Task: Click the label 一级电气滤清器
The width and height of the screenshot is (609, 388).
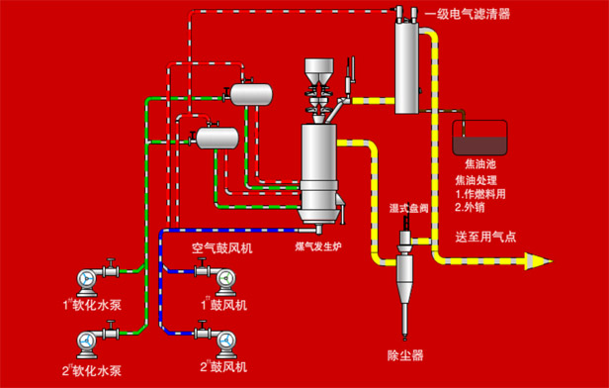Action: (467, 15)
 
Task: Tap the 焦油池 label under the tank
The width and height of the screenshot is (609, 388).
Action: (480, 163)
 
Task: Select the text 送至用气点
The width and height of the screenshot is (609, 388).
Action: (485, 237)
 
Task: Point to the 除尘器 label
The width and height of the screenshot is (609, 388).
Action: (405, 355)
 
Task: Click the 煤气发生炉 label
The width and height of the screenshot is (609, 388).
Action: (318, 246)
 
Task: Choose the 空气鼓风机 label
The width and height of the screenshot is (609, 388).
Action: (222, 248)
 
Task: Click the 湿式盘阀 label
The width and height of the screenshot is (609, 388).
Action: (409, 208)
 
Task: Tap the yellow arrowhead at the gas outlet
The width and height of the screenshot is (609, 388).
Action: (539, 261)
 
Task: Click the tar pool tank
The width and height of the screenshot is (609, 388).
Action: (479, 138)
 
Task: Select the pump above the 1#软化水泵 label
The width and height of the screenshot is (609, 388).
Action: (88, 282)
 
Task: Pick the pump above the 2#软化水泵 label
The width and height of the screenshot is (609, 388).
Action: (88, 343)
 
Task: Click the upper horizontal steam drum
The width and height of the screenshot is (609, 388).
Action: (251, 94)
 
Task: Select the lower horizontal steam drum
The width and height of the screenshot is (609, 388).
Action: (217, 138)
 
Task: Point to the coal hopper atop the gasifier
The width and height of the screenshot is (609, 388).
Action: (319, 70)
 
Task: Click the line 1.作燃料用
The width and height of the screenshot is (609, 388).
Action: (480, 194)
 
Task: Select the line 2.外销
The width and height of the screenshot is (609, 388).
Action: (470, 207)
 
